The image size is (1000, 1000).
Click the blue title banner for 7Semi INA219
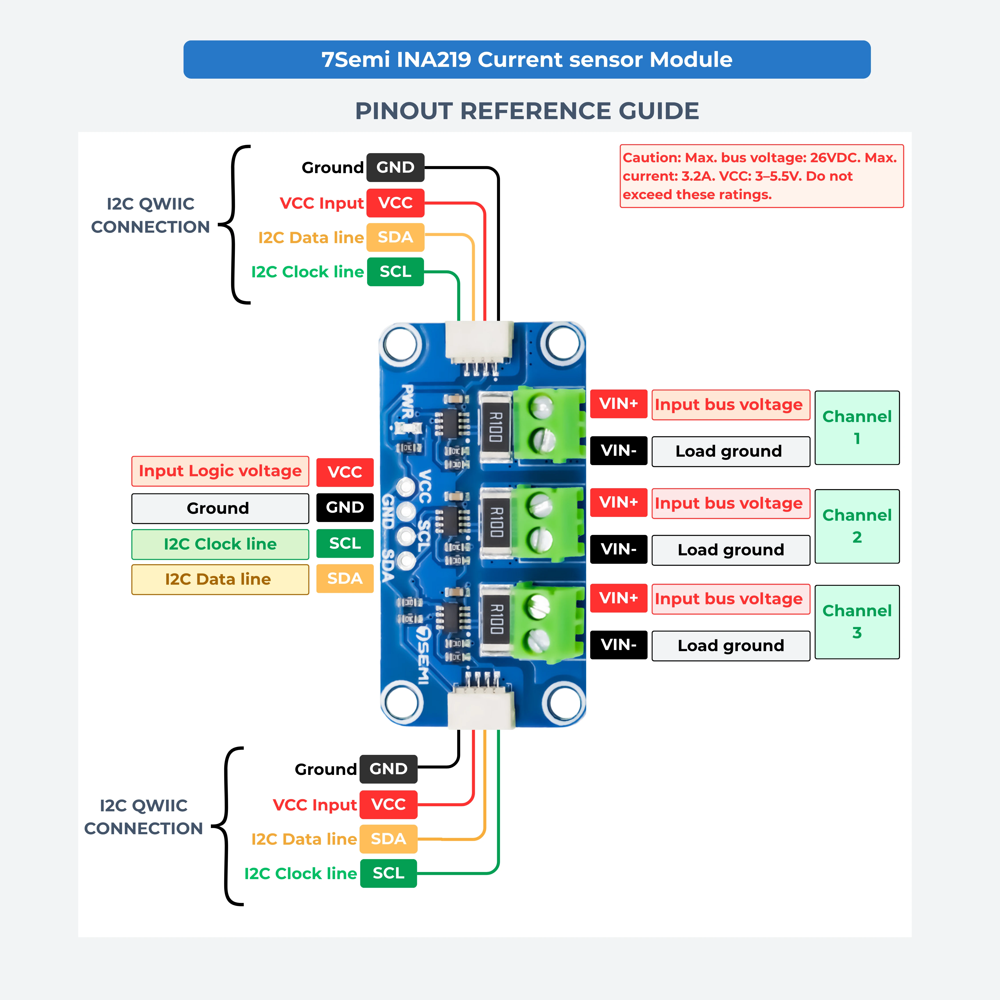coord(527,60)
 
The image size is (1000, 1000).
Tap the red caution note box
coord(761,176)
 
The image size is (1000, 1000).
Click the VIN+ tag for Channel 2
coord(618,502)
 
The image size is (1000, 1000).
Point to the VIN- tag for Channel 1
coord(618,450)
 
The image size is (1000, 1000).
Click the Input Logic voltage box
coord(220,471)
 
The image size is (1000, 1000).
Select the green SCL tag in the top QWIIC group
coord(396,272)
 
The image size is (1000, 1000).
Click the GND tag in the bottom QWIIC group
coord(388,769)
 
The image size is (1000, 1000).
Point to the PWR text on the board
coord(408,401)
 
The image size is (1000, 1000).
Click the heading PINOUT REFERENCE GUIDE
coord(527,111)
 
